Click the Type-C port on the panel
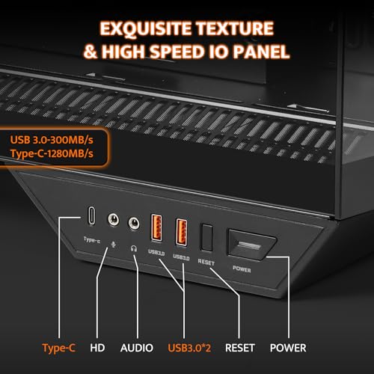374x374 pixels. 91,215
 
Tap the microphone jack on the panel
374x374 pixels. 113,220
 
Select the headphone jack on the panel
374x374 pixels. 134,223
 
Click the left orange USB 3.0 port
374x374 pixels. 156,227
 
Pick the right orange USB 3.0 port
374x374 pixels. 181,232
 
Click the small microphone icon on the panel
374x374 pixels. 113,245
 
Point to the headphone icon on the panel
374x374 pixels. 134,248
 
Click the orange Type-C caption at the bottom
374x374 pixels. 59,348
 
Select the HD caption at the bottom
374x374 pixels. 97,348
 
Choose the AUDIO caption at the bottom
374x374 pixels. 137,348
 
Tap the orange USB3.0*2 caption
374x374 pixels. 189,348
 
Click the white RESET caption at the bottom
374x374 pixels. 240,348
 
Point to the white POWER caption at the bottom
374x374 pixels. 288,348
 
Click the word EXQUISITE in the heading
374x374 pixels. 146,29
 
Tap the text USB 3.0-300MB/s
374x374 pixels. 52,140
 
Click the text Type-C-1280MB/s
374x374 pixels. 52,153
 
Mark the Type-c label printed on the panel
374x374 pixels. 92,240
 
